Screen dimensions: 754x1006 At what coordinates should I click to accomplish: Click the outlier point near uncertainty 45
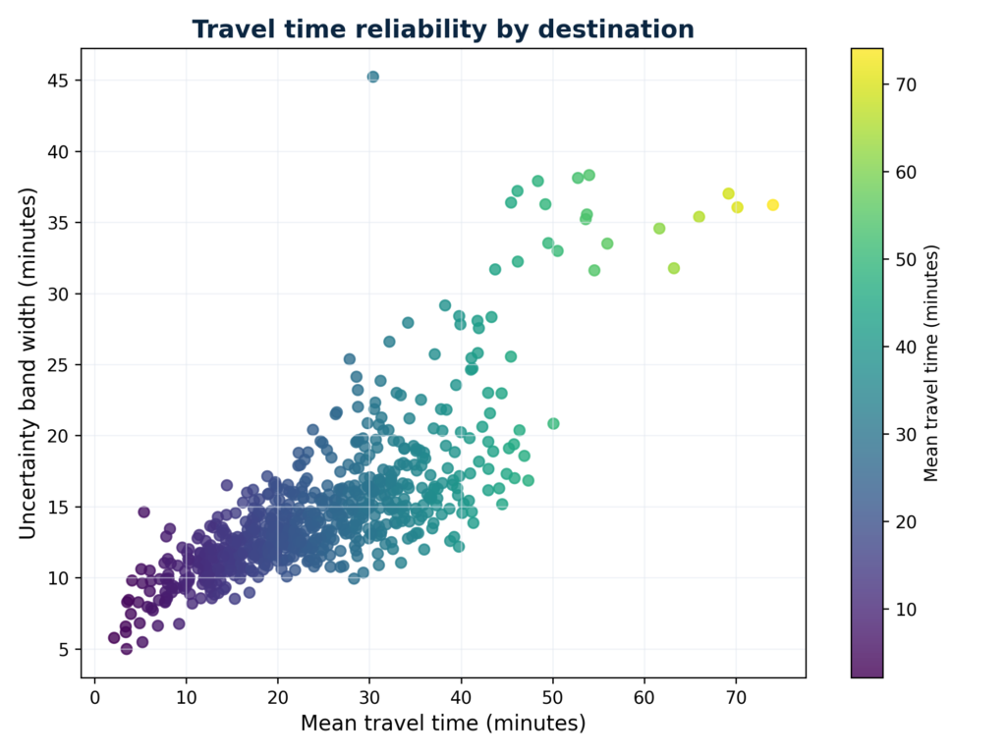pyautogui.click(x=372, y=77)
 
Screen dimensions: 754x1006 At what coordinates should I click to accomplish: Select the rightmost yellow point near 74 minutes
pyautogui.click(x=772, y=205)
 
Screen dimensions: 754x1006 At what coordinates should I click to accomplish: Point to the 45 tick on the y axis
pyautogui.click(x=63, y=81)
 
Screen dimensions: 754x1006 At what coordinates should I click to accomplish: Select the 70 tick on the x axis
pyautogui.click(x=736, y=697)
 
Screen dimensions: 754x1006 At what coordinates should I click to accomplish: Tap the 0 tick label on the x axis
pyautogui.click(x=94, y=697)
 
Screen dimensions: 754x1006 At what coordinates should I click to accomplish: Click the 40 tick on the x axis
pyautogui.click(x=461, y=697)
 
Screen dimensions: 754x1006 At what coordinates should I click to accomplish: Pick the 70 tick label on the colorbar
pyautogui.click(x=905, y=84)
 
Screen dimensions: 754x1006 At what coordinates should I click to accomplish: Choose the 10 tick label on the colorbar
pyautogui.click(x=905, y=609)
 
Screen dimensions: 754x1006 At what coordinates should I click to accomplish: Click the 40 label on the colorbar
pyautogui.click(x=905, y=347)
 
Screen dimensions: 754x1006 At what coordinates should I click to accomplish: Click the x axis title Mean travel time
pyautogui.click(x=443, y=724)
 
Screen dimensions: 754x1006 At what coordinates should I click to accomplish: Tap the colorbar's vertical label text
pyautogui.click(x=932, y=363)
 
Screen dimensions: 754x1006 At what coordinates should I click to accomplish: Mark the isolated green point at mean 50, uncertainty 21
pyautogui.click(x=553, y=423)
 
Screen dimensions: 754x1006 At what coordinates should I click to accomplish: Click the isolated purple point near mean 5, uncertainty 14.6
pyautogui.click(x=143, y=512)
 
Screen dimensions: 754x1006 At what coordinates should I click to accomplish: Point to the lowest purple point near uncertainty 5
pyautogui.click(x=126, y=649)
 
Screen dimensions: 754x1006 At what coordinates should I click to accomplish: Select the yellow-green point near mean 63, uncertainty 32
pyautogui.click(x=674, y=268)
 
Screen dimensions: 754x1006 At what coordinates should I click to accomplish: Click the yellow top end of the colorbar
pyautogui.click(x=866, y=54)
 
